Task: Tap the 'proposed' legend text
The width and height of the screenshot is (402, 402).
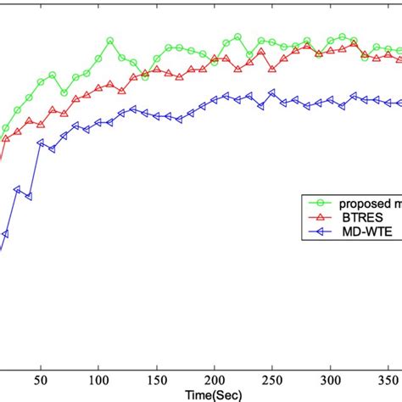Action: tap(365, 203)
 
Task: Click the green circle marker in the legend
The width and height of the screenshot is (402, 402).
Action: tap(321, 203)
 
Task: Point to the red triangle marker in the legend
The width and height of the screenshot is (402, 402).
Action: tap(321, 217)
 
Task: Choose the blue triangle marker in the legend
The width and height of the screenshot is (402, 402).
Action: tap(321, 231)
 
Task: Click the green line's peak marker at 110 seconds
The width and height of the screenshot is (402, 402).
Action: tap(110, 41)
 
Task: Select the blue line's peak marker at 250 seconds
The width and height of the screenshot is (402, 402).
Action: tap(271, 93)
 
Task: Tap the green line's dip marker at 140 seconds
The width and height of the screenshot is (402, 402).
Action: tap(145, 76)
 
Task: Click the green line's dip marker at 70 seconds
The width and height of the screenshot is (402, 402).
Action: tap(64, 92)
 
